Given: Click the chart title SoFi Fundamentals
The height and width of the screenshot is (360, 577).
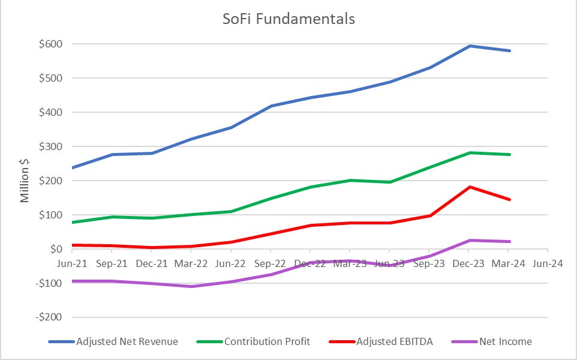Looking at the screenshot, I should (x=288, y=19).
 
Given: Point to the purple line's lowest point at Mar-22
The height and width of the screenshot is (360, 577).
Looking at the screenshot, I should (x=191, y=286).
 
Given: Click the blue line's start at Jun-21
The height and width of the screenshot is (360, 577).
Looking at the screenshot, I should (x=72, y=167).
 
